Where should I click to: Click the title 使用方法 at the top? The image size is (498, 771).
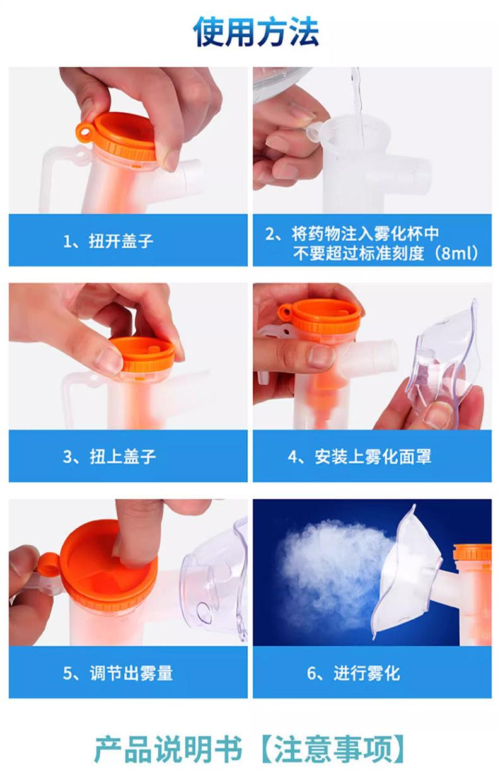coord(256,32)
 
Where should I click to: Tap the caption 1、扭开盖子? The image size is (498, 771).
coord(108,241)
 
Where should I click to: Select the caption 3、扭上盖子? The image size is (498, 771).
coord(109,456)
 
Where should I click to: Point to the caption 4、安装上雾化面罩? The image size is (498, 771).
coord(359,456)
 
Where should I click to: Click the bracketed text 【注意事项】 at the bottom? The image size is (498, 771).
coord(332,748)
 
